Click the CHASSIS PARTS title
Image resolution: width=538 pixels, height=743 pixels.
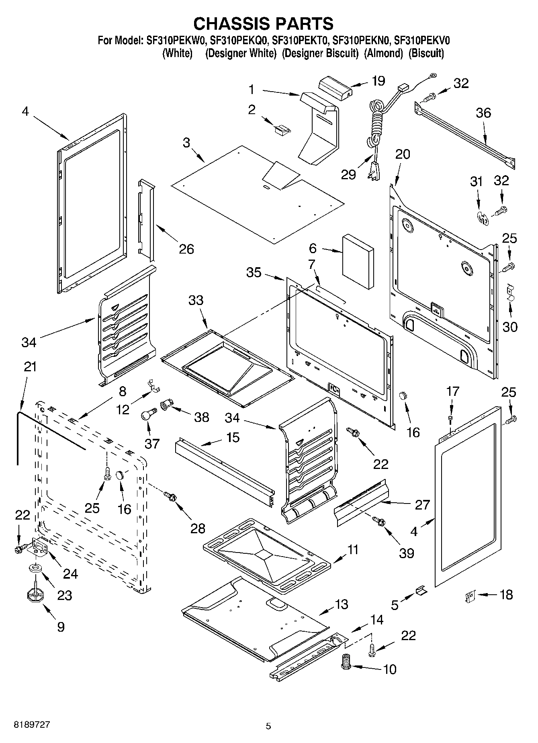coord(263,24)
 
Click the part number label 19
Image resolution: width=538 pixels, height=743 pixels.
coord(378,81)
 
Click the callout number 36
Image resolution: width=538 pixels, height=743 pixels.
coord(483,113)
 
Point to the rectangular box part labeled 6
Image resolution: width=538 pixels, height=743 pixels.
coord(358,262)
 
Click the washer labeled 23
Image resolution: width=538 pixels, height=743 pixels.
coord(35,568)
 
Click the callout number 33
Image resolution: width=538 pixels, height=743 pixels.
coord(196,300)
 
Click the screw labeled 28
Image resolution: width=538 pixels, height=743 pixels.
coord(169,497)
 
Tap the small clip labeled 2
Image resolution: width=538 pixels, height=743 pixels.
coord(282,129)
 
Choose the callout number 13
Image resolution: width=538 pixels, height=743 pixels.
coord(341,604)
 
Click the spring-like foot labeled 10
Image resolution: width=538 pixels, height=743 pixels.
coord(345,661)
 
